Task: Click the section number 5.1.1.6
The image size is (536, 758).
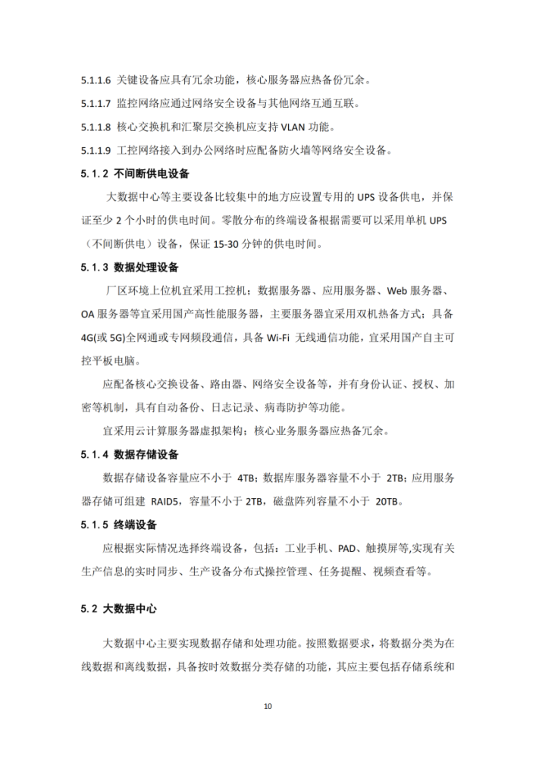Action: pyautogui.click(x=96, y=80)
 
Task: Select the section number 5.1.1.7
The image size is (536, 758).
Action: pyautogui.click(x=96, y=103)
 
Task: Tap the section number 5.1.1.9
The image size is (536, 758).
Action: pyautogui.click(x=96, y=150)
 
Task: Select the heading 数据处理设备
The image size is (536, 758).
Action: pyautogui.click(x=146, y=268)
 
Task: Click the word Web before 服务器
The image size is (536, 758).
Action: pyautogui.click(x=399, y=291)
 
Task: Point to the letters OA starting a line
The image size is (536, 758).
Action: pyautogui.click(x=88, y=315)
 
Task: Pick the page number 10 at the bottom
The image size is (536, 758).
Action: pyautogui.click(x=268, y=706)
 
